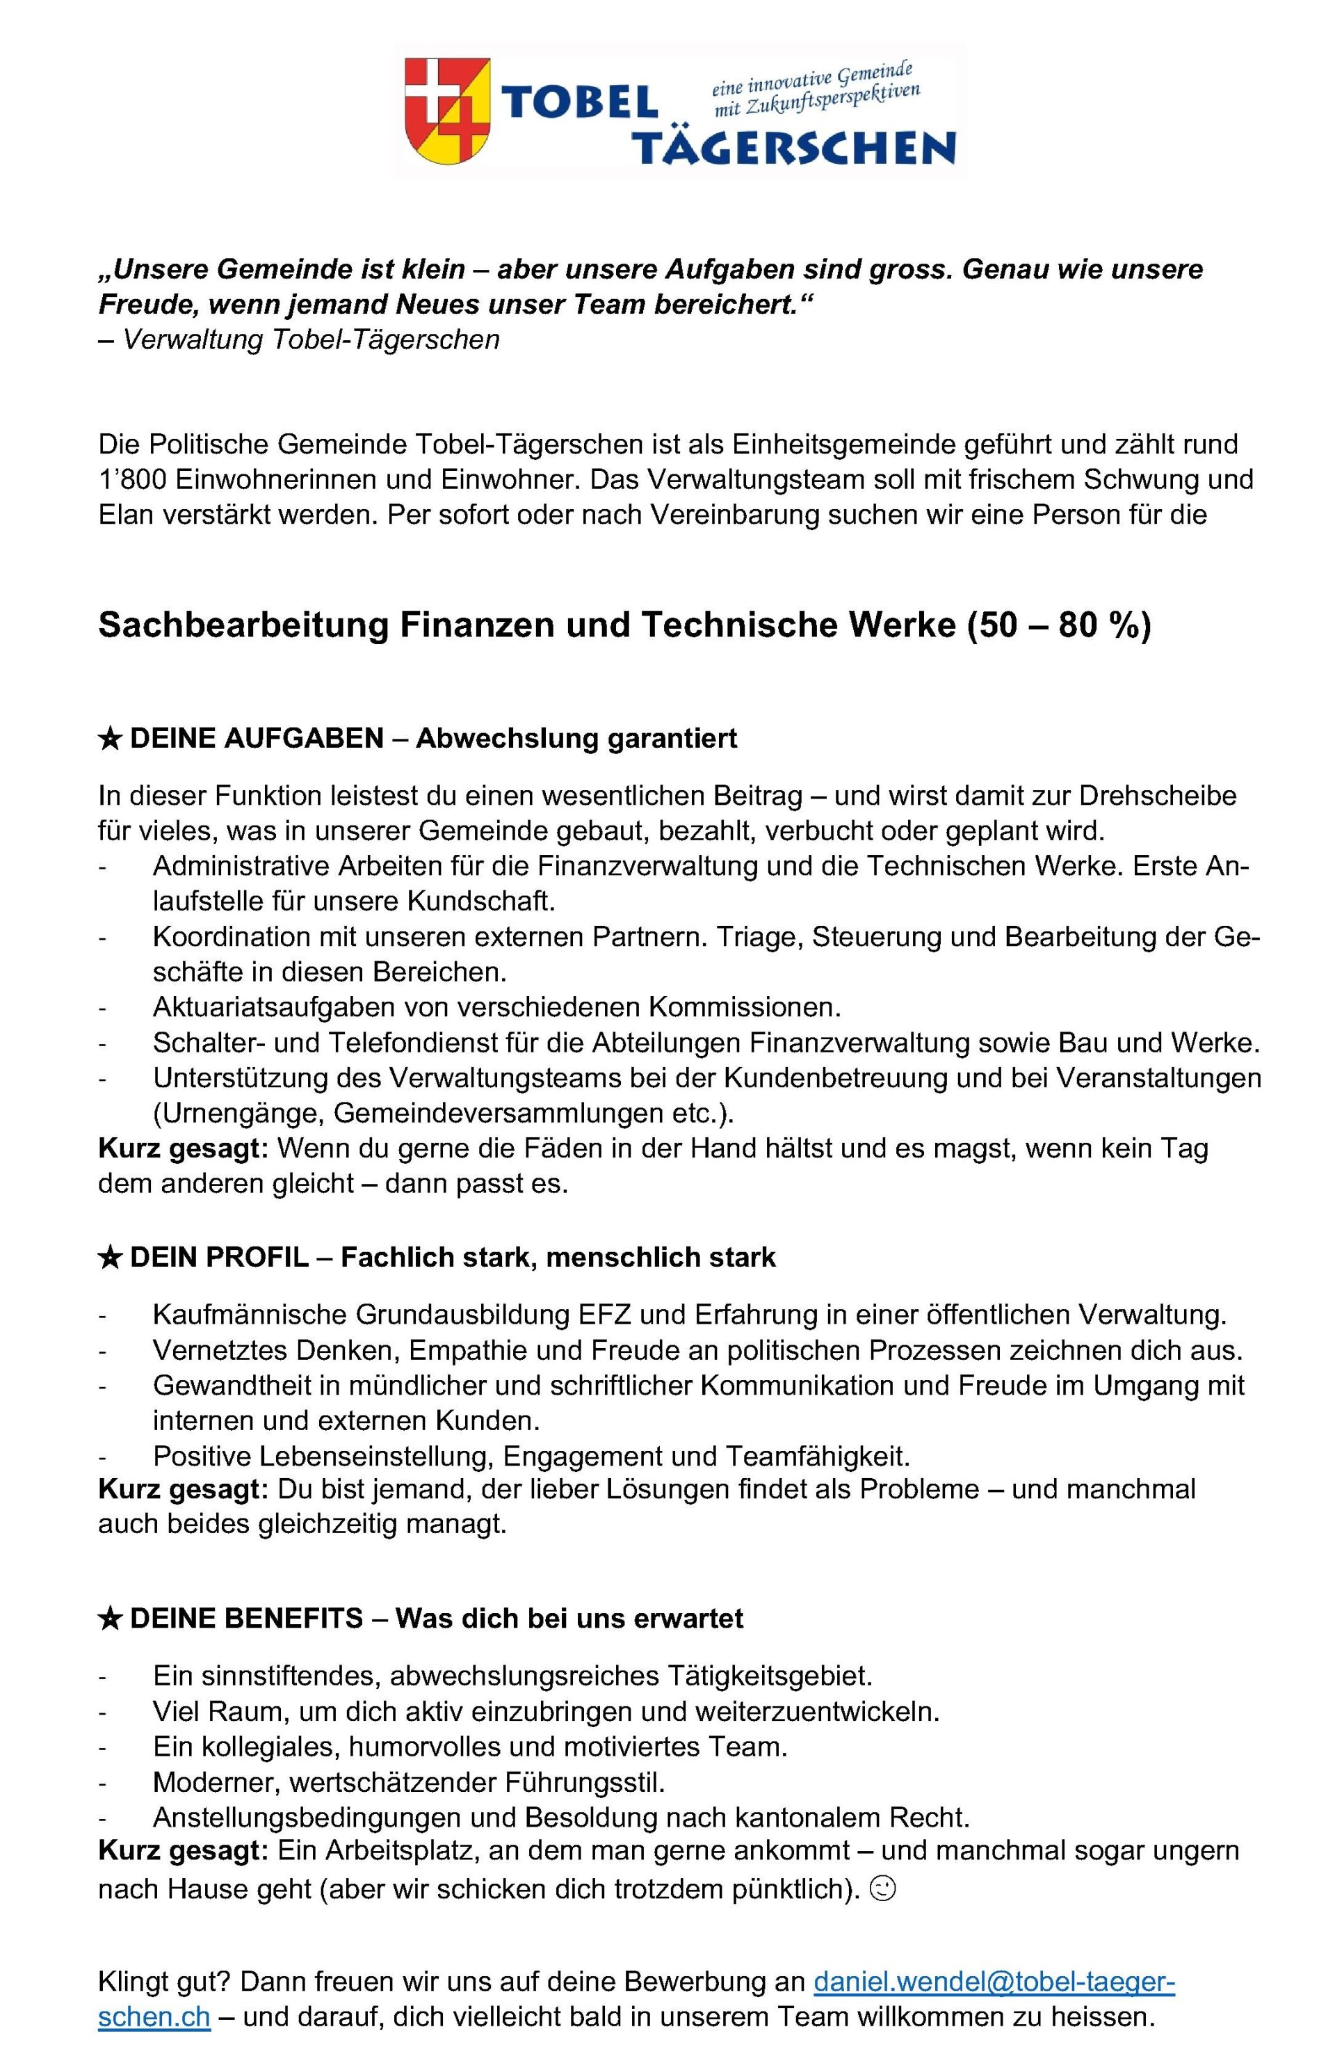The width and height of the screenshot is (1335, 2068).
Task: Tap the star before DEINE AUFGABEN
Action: (x=109, y=739)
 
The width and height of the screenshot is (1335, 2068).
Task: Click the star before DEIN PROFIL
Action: (x=109, y=1258)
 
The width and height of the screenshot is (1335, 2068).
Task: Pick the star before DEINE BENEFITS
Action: (x=109, y=1619)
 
